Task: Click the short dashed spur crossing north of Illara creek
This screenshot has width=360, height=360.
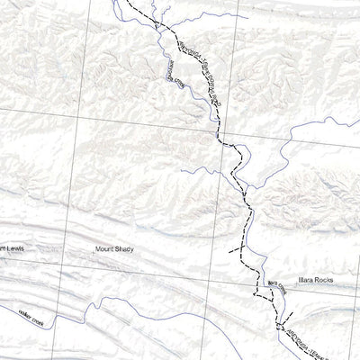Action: tap(236, 247)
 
